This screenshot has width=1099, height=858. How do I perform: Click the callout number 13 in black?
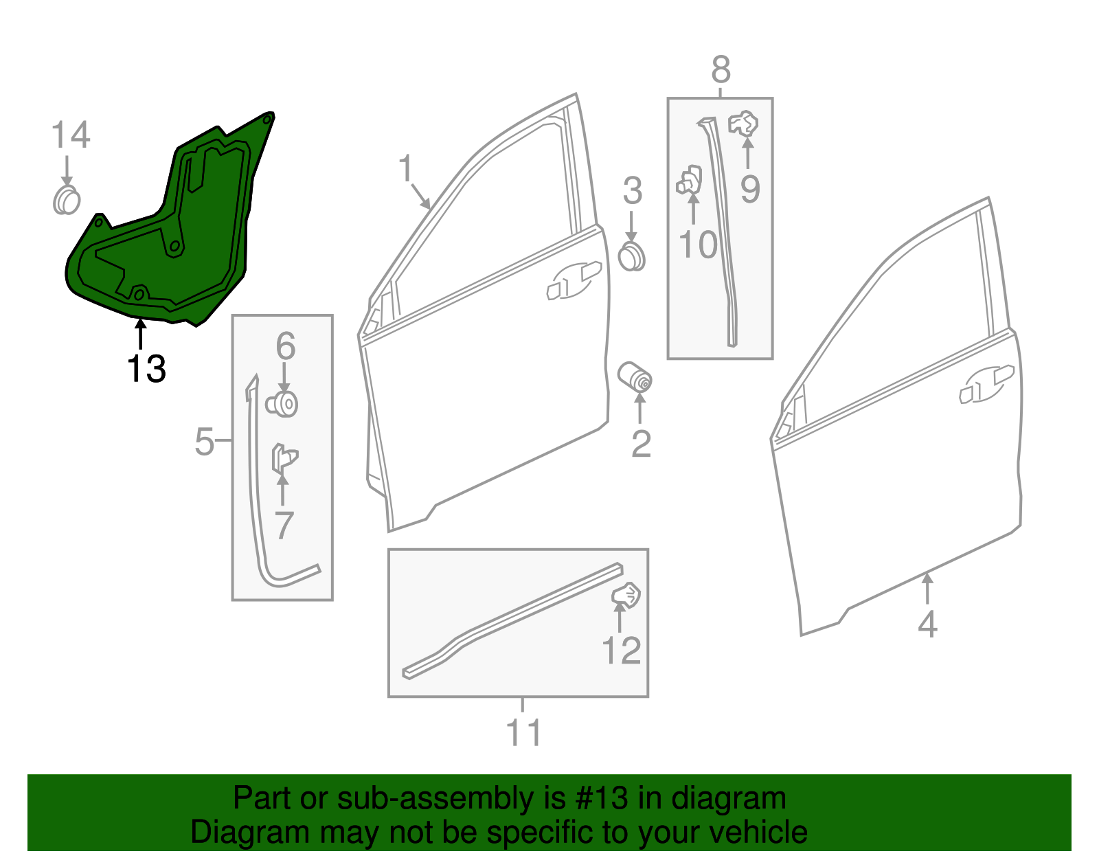[146, 370]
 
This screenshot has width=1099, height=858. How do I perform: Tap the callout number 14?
[70, 135]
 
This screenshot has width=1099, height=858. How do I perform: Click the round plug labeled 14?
[67, 200]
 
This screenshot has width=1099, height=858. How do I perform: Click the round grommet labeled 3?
[632, 256]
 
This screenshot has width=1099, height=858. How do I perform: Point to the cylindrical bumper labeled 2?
[635, 377]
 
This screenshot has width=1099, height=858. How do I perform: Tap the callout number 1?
[406, 168]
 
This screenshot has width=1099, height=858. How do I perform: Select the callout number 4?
[927, 624]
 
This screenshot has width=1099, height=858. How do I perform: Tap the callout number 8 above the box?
[721, 69]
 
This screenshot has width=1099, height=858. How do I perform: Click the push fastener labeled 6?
[282, 404]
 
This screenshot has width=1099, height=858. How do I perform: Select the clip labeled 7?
[284, 458]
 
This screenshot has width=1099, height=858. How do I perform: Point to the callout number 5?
[205, 441]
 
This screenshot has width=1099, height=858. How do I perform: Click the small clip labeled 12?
[626, 595]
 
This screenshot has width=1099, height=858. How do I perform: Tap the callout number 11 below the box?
[523, 733]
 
